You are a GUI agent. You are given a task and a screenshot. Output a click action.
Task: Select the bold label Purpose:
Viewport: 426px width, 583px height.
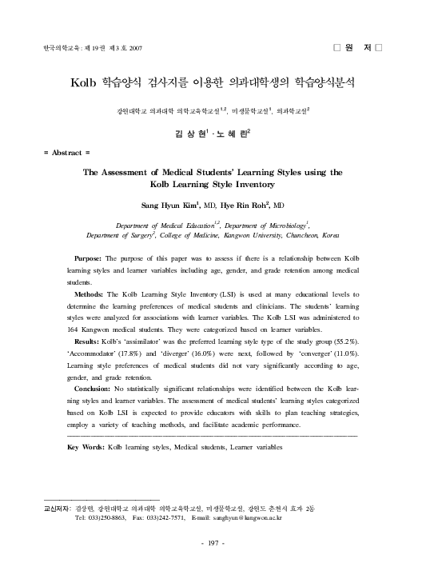(87, 259)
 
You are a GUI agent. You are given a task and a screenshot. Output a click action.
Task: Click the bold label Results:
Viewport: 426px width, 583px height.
(86, 341)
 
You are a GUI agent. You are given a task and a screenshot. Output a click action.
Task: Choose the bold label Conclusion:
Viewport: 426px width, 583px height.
(93, 388)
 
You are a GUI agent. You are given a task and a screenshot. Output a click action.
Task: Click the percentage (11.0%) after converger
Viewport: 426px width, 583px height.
(344, 353)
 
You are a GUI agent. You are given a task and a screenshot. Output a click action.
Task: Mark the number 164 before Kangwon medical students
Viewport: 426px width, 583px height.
(75, 329)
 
